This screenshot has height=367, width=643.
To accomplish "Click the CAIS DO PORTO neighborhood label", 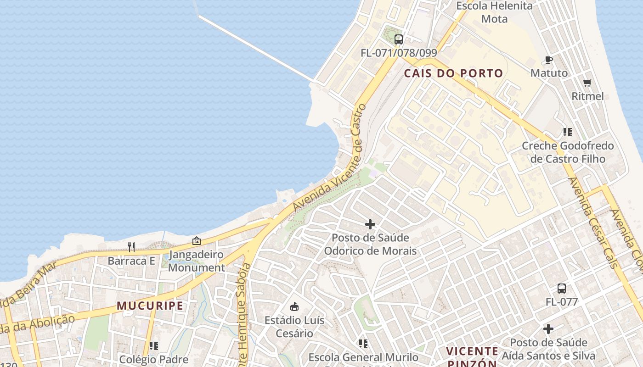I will (453, 73).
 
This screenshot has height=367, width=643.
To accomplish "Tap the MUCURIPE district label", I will (150, 306).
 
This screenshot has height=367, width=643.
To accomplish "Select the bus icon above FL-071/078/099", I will (398, 39).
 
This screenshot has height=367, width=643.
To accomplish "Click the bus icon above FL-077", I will (561, 289).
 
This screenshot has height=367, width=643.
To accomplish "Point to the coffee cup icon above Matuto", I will (548, 60).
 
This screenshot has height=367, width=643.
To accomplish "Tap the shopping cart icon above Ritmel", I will (587, 83).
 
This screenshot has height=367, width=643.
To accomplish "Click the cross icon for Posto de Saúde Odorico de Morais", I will (370, 224).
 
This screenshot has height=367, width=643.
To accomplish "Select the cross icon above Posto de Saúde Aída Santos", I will (548, 329).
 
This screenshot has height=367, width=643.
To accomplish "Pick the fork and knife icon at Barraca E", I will (131, 247).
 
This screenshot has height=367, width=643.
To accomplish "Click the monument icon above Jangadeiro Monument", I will (197, 240).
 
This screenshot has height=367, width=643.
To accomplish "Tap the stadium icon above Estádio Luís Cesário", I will (294, 306).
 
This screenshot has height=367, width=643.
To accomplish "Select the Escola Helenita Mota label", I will (494, 12).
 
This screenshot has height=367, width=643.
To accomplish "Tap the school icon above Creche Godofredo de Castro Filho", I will (568, 132).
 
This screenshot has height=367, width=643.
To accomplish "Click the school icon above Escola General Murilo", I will (363, 343).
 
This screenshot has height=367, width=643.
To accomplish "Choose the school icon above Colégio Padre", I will (153, 345).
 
